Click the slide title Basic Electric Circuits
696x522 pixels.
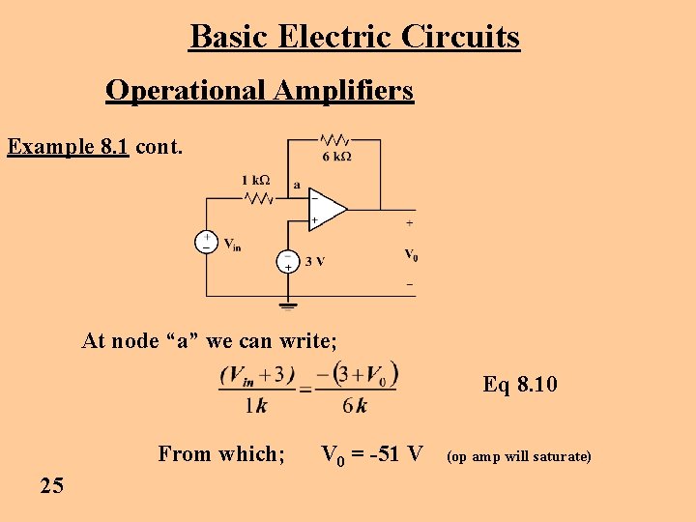(355, 37)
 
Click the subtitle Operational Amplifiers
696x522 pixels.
(259, 90)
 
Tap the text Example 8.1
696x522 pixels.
(68, 147)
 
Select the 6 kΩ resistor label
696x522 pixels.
(336, 157)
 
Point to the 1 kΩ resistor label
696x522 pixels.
(255, 180)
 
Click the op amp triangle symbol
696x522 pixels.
(327, 207)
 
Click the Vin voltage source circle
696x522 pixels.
(205, 242)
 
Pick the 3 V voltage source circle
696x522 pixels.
(287, 261)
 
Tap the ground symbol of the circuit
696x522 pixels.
(287, 306)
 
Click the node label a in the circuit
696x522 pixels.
(296, 184)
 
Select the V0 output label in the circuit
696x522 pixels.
(411, 255)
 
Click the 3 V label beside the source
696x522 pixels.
(315, 261)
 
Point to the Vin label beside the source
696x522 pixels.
(232, 245)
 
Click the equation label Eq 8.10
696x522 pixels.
(520, 385)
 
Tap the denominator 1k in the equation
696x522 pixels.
(255, 406)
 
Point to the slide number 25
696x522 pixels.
(52, 485)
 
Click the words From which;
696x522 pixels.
(221, 453)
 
